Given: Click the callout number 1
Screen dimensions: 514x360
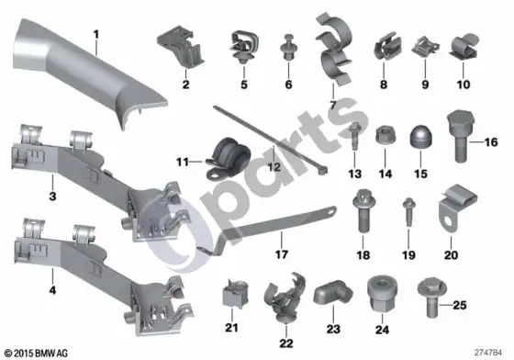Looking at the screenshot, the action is coord(96,34).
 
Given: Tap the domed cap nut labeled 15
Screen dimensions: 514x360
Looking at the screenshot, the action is coord(421,137).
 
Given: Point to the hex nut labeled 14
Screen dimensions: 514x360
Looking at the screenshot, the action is coord(385,135).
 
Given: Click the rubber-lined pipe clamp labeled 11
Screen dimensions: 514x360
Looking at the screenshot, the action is coord(228,158).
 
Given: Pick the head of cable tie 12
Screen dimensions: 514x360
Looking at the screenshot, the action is coord(323,170).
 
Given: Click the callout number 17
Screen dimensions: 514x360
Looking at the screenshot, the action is coord(282,254).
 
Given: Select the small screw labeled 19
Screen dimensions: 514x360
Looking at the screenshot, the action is coord(408,212).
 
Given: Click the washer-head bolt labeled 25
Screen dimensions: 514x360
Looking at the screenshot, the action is coord(432,297).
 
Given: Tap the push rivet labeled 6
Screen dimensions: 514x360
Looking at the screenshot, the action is coord(288,47).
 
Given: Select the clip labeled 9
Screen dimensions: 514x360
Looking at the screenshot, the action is coord(425,48).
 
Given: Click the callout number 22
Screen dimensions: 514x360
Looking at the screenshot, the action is coord(285,343).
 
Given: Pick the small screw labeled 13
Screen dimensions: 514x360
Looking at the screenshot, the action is coord(354,135).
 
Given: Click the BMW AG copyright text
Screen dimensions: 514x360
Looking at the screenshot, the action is coord(36,354).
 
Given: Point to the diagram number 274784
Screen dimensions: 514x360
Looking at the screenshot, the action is coord(487,353).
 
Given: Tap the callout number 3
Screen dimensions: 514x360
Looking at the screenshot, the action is coord(52,197).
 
